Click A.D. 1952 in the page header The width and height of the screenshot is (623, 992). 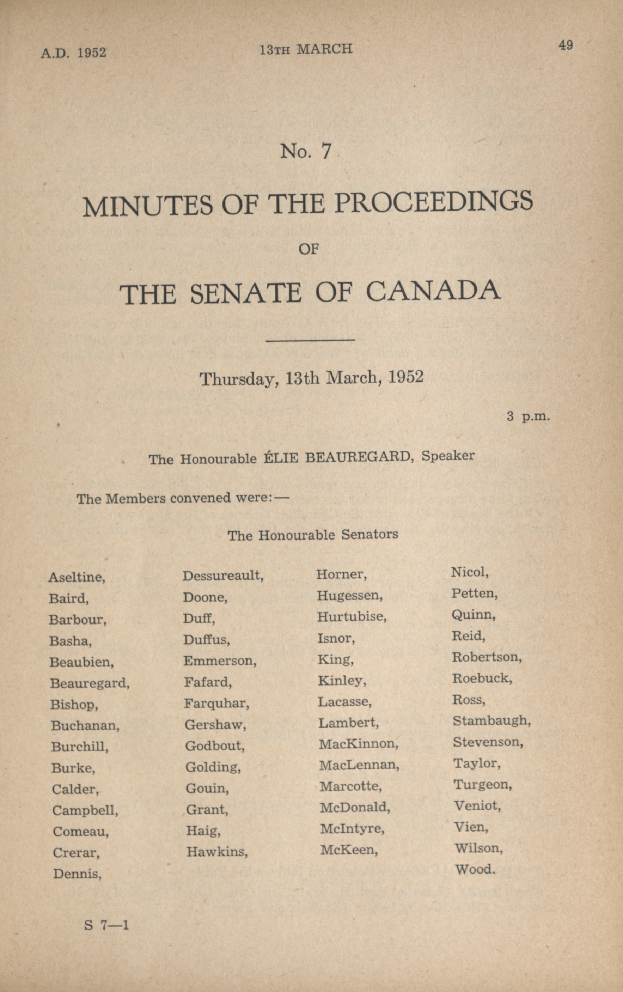(73, 53)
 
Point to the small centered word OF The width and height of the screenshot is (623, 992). (309, 249)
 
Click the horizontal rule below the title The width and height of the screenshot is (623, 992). (311, 340)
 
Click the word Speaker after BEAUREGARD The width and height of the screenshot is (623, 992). (448, 456)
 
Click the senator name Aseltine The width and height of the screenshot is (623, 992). (77, 577)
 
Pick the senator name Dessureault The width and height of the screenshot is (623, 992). (223, 576)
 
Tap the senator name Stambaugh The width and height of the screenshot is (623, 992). (491, 720)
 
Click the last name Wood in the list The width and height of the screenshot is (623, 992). (474, 870)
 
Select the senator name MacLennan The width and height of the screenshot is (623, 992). (359, 765)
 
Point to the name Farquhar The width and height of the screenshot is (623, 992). (216, 703)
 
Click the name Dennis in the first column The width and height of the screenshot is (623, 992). (77, 874)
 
